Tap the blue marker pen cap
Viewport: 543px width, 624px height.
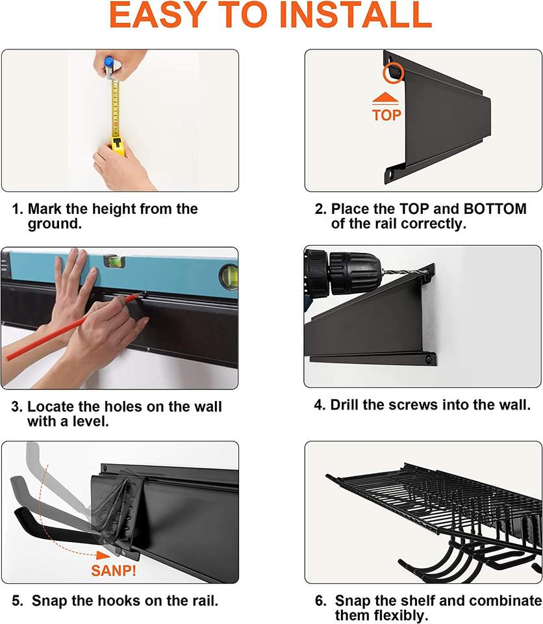108,62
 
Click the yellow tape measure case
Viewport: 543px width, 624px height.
118,146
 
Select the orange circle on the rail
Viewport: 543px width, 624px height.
394,73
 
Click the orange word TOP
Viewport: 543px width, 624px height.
386,115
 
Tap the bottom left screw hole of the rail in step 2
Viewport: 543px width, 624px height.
390,175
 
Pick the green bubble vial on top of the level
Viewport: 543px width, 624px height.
114,261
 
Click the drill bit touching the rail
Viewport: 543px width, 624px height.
403,272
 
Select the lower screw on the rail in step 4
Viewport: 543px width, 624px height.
429,359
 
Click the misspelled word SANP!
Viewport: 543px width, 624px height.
114,570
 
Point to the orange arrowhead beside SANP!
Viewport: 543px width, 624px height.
103,554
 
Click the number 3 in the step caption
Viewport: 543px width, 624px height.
16,407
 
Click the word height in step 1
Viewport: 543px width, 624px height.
114,209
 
